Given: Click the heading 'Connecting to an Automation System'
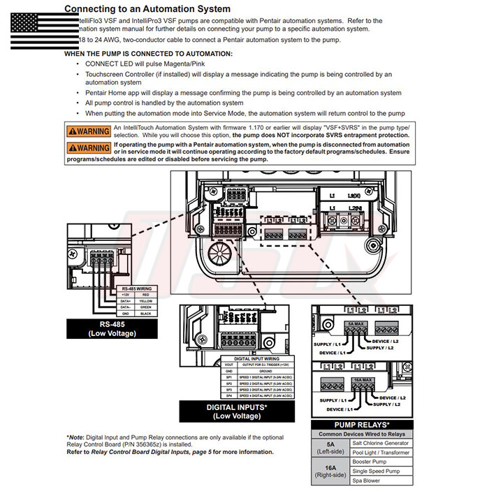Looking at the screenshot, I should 147,9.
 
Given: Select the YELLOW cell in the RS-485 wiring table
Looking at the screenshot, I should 146,300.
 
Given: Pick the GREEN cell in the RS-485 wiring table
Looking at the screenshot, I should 146,307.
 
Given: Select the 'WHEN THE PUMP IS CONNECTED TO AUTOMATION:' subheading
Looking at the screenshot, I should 148,54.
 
